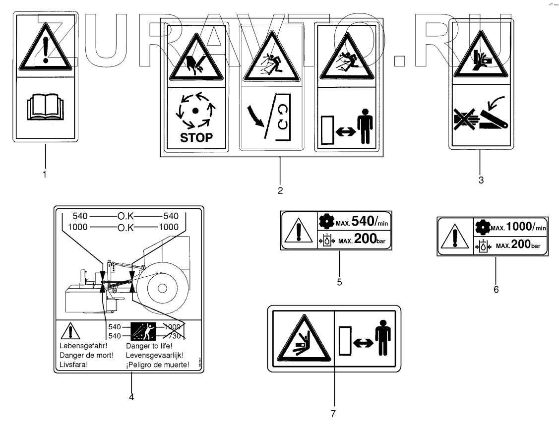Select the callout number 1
pos(45,174)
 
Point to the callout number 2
pos(280,190)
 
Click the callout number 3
pos(481,180)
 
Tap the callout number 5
pos(339,282)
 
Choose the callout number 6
pos(496,289)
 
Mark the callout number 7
pos(333,412)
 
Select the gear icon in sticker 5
pos(325,221)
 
